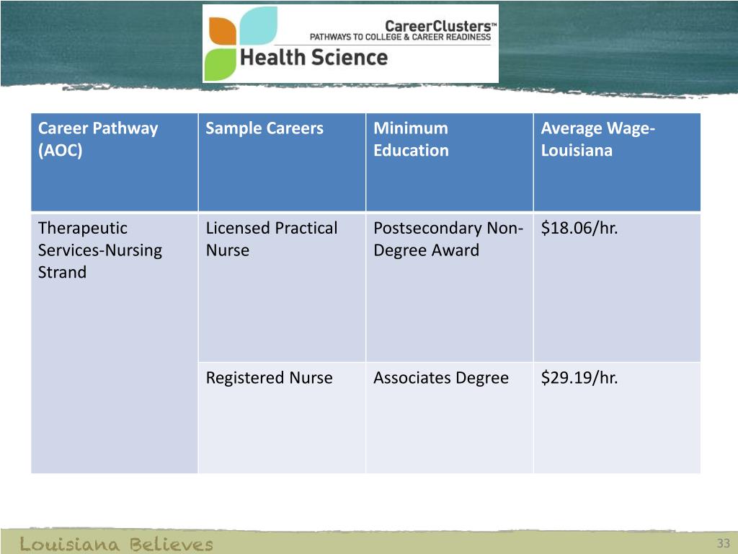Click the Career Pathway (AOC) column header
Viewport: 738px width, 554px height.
click(97, 139)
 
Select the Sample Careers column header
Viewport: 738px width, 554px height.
click(264, 129)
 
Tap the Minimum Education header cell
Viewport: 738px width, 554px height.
click(411, 139)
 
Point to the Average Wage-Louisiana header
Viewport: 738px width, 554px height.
click(597, 139)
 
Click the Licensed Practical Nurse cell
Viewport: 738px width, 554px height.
click(271, 239)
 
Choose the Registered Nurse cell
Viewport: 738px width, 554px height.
click(269, 378)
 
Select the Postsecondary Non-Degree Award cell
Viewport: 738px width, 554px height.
click(448, 239)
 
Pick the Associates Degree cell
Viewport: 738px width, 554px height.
click(440, 378)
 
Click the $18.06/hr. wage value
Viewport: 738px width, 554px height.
click(579, 229)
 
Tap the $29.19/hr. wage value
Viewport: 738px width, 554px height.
click(579, 378)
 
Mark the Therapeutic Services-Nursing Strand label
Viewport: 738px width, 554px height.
click(99, 250)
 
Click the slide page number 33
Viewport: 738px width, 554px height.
click(724, 543)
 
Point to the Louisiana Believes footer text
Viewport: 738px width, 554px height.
click(116, 544)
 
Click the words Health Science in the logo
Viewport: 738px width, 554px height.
click(314, 57)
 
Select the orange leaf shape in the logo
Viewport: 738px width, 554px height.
click(222, 31)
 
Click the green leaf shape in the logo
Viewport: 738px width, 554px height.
click(221, 65)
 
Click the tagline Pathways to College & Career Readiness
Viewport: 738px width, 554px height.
click(400, 37)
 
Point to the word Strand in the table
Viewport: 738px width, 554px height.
click(62, 273)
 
